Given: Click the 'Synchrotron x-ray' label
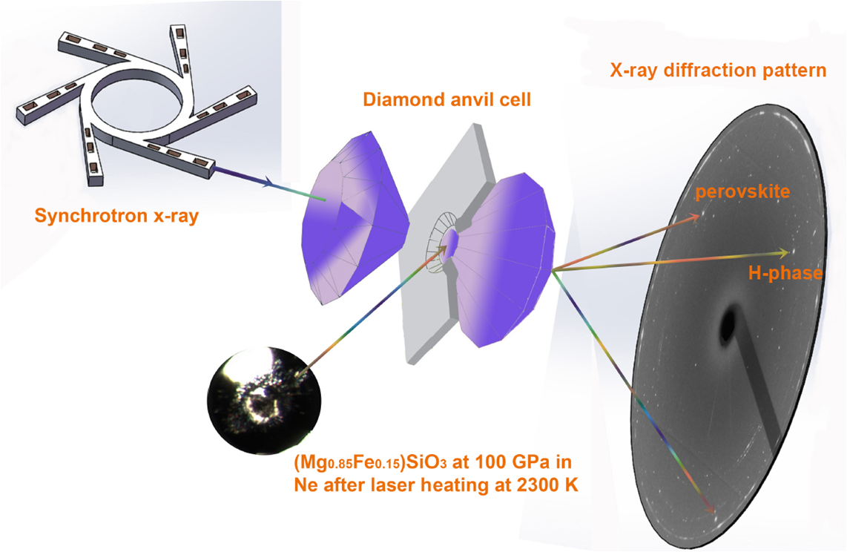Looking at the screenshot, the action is click(x=116, y=216).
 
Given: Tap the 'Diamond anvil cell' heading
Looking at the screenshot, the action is click(x=446, y=100).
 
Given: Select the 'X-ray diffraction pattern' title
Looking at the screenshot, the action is click(x=718, y=70).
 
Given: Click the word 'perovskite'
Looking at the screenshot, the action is click(x=742, y=191).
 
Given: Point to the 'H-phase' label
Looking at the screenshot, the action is click(x=785, y=273).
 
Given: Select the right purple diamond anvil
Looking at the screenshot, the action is click(x=502, y=259).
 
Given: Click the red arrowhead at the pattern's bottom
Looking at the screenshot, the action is click(x=710, y=507).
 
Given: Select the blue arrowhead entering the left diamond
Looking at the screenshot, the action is click(x=266, y=184).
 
